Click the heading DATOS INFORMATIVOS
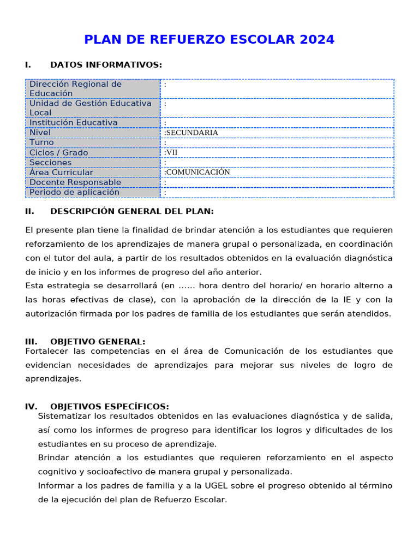tap(106, 65)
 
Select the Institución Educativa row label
tap(74, 123)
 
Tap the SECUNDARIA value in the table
tap(191, 133)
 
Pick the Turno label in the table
tap(41, 142)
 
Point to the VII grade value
tap(171, 153)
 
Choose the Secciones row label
tap(50, 163)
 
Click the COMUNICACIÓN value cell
tap(197, 173)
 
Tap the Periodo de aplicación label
tap(74, 192)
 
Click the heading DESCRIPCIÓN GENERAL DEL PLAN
tap(132, 211)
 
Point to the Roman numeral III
tap(31, 342)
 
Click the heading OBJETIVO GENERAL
tap(98, 342)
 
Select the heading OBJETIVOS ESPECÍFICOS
tap(110, 407)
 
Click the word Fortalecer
tap(45, 351)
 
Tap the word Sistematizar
tap(62, 417)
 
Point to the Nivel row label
tap(40, 133)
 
